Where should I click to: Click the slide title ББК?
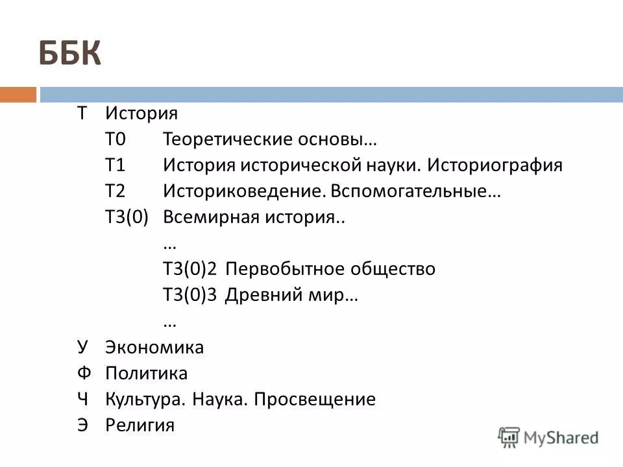71,54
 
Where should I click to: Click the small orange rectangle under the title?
18,95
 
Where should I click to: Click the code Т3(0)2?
189,269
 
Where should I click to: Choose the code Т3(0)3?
189,295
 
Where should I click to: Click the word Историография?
495,165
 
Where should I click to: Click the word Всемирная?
209,217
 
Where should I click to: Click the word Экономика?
154,348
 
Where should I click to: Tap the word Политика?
146,374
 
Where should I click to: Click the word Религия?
140,425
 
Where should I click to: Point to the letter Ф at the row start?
82,374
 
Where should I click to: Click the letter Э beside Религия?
82,425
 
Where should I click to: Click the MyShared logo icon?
510,437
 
